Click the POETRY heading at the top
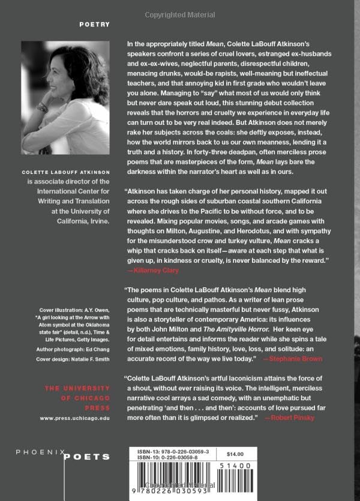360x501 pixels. pyautogui.click(x=94, y=25)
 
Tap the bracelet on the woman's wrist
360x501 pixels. pyautogui.click(x=42, y=107)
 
